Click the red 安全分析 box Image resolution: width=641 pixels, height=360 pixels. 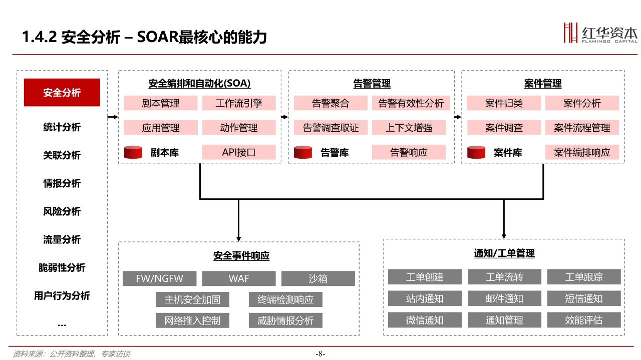[62, 93]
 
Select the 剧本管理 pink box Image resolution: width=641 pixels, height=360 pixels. [161, 103]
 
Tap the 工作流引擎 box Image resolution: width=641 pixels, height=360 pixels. [239, 103]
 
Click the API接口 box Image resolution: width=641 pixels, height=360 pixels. [239, 152]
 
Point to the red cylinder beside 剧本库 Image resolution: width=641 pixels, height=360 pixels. [133, 152]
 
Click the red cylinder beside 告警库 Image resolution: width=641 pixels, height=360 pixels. [303, 152]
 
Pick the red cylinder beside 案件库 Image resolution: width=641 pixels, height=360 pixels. [476, 152]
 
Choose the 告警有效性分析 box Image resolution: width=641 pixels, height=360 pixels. [411, 103]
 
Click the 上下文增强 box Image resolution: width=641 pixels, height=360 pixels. [409, 128]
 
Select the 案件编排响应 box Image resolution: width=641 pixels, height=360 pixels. [582, 152]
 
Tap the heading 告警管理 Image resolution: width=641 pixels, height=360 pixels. [372, 84]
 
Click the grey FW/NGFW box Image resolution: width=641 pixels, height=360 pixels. [160, 278]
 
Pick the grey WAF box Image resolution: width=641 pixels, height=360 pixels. [239, 278]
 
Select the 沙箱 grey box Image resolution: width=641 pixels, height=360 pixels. [318, 278]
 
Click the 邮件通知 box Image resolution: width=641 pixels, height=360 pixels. [504, 298]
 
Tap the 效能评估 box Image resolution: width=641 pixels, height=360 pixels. [584, 320]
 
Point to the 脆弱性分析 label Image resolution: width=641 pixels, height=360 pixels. [62, 267]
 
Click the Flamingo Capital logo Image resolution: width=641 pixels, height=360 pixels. [600, 33]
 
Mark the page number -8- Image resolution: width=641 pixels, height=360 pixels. [320, 354]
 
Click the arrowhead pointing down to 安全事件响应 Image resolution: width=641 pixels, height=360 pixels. [239, 239]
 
